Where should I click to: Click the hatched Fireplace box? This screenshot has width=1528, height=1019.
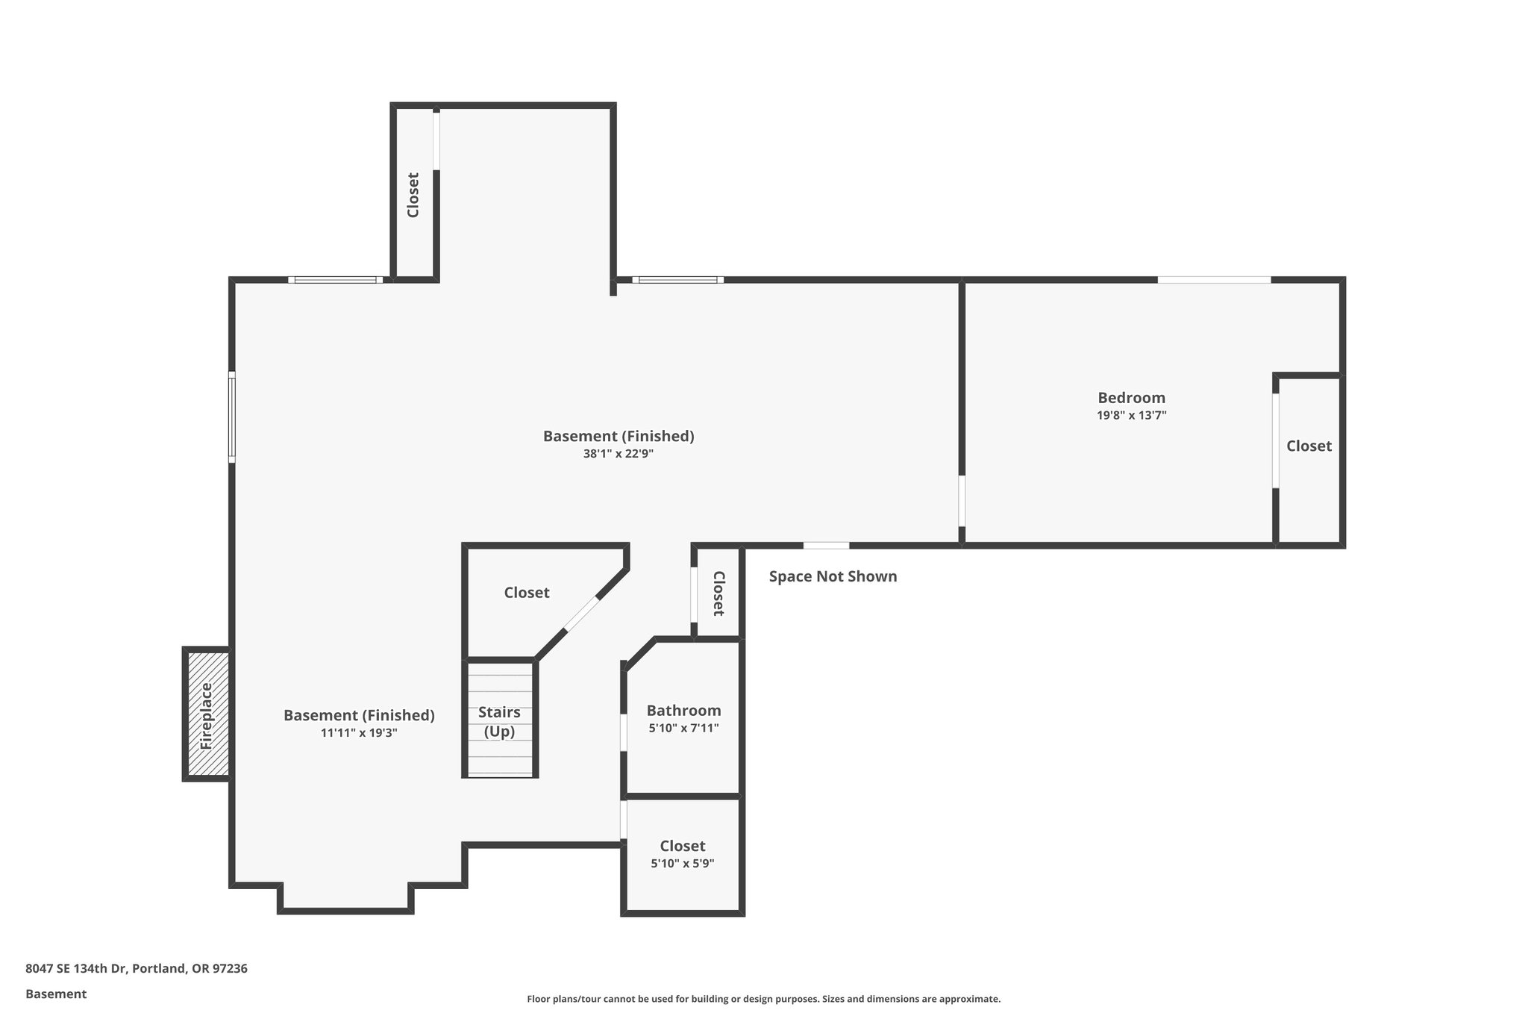[x=207, y=714]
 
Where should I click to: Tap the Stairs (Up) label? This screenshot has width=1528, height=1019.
[x=499, y=721]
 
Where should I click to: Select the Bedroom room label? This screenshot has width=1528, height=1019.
[x=1131, y=398]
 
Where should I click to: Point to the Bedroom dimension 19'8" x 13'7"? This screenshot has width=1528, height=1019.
[x=1131, y=416]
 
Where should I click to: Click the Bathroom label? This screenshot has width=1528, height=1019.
[x=683, y=711]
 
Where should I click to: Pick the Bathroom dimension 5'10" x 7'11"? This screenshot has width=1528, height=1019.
[x=683, y=728]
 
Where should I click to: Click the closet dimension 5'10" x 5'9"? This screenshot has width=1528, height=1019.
[x=683, y=864]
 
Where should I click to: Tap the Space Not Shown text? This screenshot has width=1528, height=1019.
[x=833, y=576]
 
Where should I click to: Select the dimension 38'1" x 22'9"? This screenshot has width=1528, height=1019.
[x=619, y=453]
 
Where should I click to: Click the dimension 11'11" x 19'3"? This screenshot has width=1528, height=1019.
[x=359, y=733]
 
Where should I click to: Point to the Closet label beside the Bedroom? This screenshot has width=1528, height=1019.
[x=1309, y=446]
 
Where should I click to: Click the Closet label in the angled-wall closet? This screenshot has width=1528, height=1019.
[x=527, y=593]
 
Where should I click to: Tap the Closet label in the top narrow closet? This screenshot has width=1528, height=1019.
[x=413, y=195]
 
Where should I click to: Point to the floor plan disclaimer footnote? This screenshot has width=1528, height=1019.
[x=763, y=999]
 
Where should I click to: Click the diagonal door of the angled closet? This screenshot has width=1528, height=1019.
[x=581, y=614]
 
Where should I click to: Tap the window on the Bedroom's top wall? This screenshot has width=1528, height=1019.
[x=1214, y=280]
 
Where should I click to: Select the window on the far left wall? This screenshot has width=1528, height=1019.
[x=232, y=417]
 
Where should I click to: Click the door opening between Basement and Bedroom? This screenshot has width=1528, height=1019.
[x=962, y=501]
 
